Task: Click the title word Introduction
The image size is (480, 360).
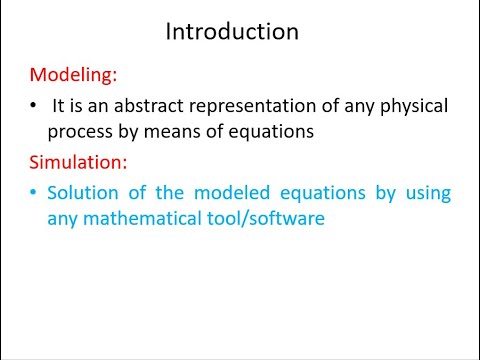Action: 231,31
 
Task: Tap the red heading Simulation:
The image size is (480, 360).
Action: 77,162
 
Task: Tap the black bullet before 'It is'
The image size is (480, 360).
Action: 34,105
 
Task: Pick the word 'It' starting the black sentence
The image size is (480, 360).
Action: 59,105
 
